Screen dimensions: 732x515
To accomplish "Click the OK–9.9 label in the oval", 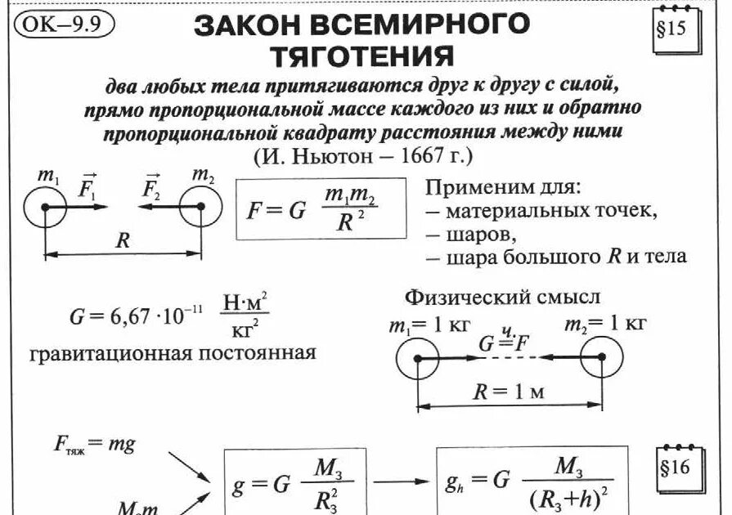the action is pyautogui.click(x=63, y=23).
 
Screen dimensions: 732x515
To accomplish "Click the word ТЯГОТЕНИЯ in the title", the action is pyautogui.click(x=362, y=56).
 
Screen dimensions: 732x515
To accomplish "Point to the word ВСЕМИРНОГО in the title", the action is pyautogui.click(x=442, y=24).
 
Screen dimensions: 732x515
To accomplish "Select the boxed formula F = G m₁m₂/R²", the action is pyautogui.click(x=321, y=209).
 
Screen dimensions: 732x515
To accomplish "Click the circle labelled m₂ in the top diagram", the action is pyautogui.click(x=200, y=208).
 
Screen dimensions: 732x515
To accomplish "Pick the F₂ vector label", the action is pyautogui.click(x=150, y=189).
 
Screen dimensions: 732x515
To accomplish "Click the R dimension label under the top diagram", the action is pyautogui.click(x=123, y=240).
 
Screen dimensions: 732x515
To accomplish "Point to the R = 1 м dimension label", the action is pyautogui.click(x=509, y=391).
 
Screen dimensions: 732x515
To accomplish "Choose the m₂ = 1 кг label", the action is pyautogui.click(x=605, y=324).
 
